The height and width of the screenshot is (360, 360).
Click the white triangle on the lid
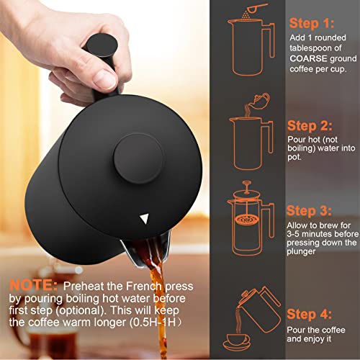[145, 219]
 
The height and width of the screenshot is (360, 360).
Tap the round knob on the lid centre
[139, 158]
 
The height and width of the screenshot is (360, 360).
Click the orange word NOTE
[33, 285]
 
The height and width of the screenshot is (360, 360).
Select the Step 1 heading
[312, 24]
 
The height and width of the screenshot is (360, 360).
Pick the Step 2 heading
[310, 126]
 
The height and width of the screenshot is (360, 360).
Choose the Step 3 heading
[309, 211]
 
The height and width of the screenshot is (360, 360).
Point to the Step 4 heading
[310, 314]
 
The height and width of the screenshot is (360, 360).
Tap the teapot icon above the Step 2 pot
[259, 101]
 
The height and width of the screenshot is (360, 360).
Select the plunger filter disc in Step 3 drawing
[247, 219]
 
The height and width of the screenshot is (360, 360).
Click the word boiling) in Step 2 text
[301, 148]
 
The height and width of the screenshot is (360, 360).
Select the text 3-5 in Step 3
[292, 234]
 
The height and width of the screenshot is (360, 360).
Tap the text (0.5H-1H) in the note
[156, 323]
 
